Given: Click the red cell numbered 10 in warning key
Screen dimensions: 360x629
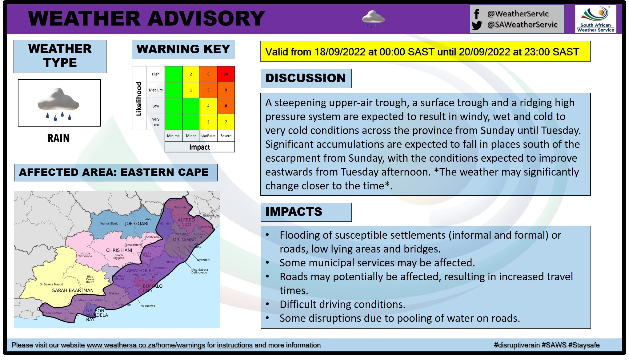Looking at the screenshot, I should click(226, 74).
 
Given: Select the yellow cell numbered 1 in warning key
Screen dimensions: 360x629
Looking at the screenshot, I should click(191, 90).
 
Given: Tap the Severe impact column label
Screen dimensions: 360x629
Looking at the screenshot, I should click(226, 136).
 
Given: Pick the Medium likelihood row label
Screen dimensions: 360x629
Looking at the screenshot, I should click(156, 90).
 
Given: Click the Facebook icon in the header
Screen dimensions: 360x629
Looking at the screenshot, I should click(477, 14).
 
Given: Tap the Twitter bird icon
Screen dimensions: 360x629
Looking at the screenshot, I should click(477, 25).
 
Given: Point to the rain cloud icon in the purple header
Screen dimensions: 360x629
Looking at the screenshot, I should click(373, 18).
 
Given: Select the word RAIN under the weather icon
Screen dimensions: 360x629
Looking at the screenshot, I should click(59, 138).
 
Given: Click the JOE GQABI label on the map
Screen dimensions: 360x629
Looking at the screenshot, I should click(137, 224).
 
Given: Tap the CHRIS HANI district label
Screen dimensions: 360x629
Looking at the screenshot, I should click(119, 250).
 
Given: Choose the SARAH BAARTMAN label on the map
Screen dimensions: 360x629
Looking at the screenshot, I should click(73, 290).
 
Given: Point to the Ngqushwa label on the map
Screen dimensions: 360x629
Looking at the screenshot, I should click(148, 306).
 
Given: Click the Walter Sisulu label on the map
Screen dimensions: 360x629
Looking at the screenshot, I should click(109, 224).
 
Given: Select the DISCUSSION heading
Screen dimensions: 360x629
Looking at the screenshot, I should click(306, 78).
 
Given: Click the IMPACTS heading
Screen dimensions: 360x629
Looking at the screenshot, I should click(294, 212).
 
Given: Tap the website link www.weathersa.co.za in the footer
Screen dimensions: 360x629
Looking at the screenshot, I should click(146, 345).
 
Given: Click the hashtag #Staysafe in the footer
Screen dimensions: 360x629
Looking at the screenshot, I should click(584, 345).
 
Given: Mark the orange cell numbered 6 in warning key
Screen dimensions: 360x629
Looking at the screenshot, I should click(208, 74).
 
